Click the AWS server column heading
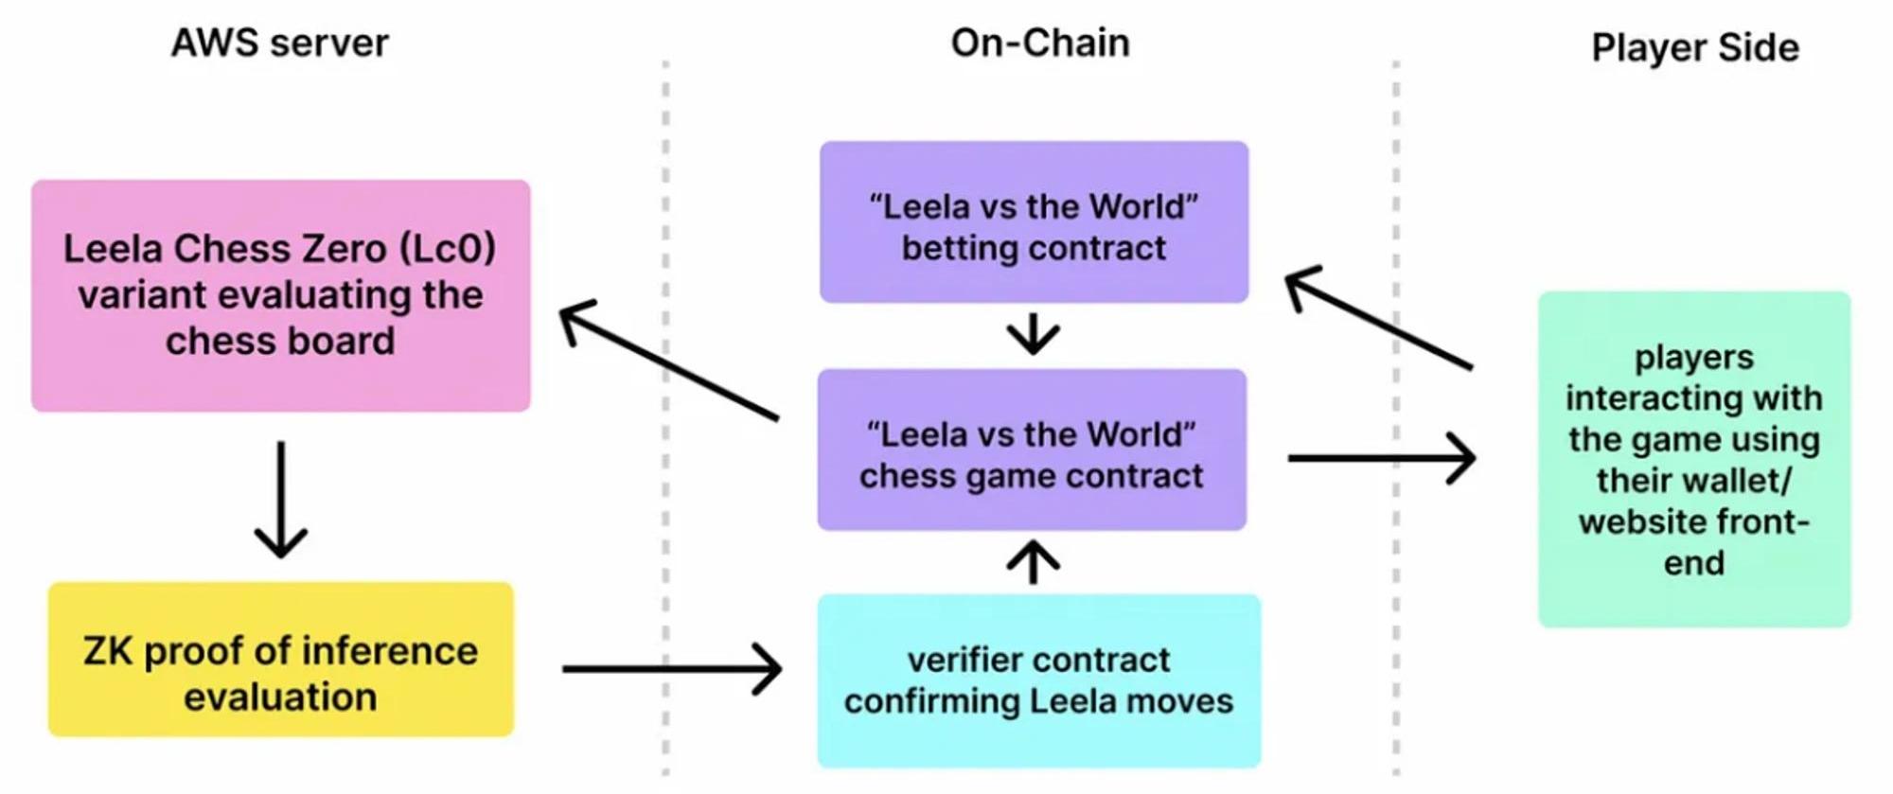click(x=279, y=44)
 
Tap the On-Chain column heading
click(x=1040, y=44)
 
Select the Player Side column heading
click(x=1694, y=47)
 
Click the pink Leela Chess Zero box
click(x=280, y=295)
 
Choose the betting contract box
click(x=1034, y=222)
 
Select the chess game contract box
click(x=1032, y=450)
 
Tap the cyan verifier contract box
click(x=1038, y=680)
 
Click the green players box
click(x=1693, y=459)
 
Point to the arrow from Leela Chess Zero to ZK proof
click(x=281, y=499)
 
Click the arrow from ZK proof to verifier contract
click(x=671, y=669)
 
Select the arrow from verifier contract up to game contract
click(x=1033, y=562)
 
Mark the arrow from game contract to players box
click(x=1381, y=458)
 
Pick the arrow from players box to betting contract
click(x=1379, y=319)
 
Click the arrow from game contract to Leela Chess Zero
click(x=669, y=361)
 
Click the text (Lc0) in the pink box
click(x=448, y=249)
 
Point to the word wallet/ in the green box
click(x=1743, y=481)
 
